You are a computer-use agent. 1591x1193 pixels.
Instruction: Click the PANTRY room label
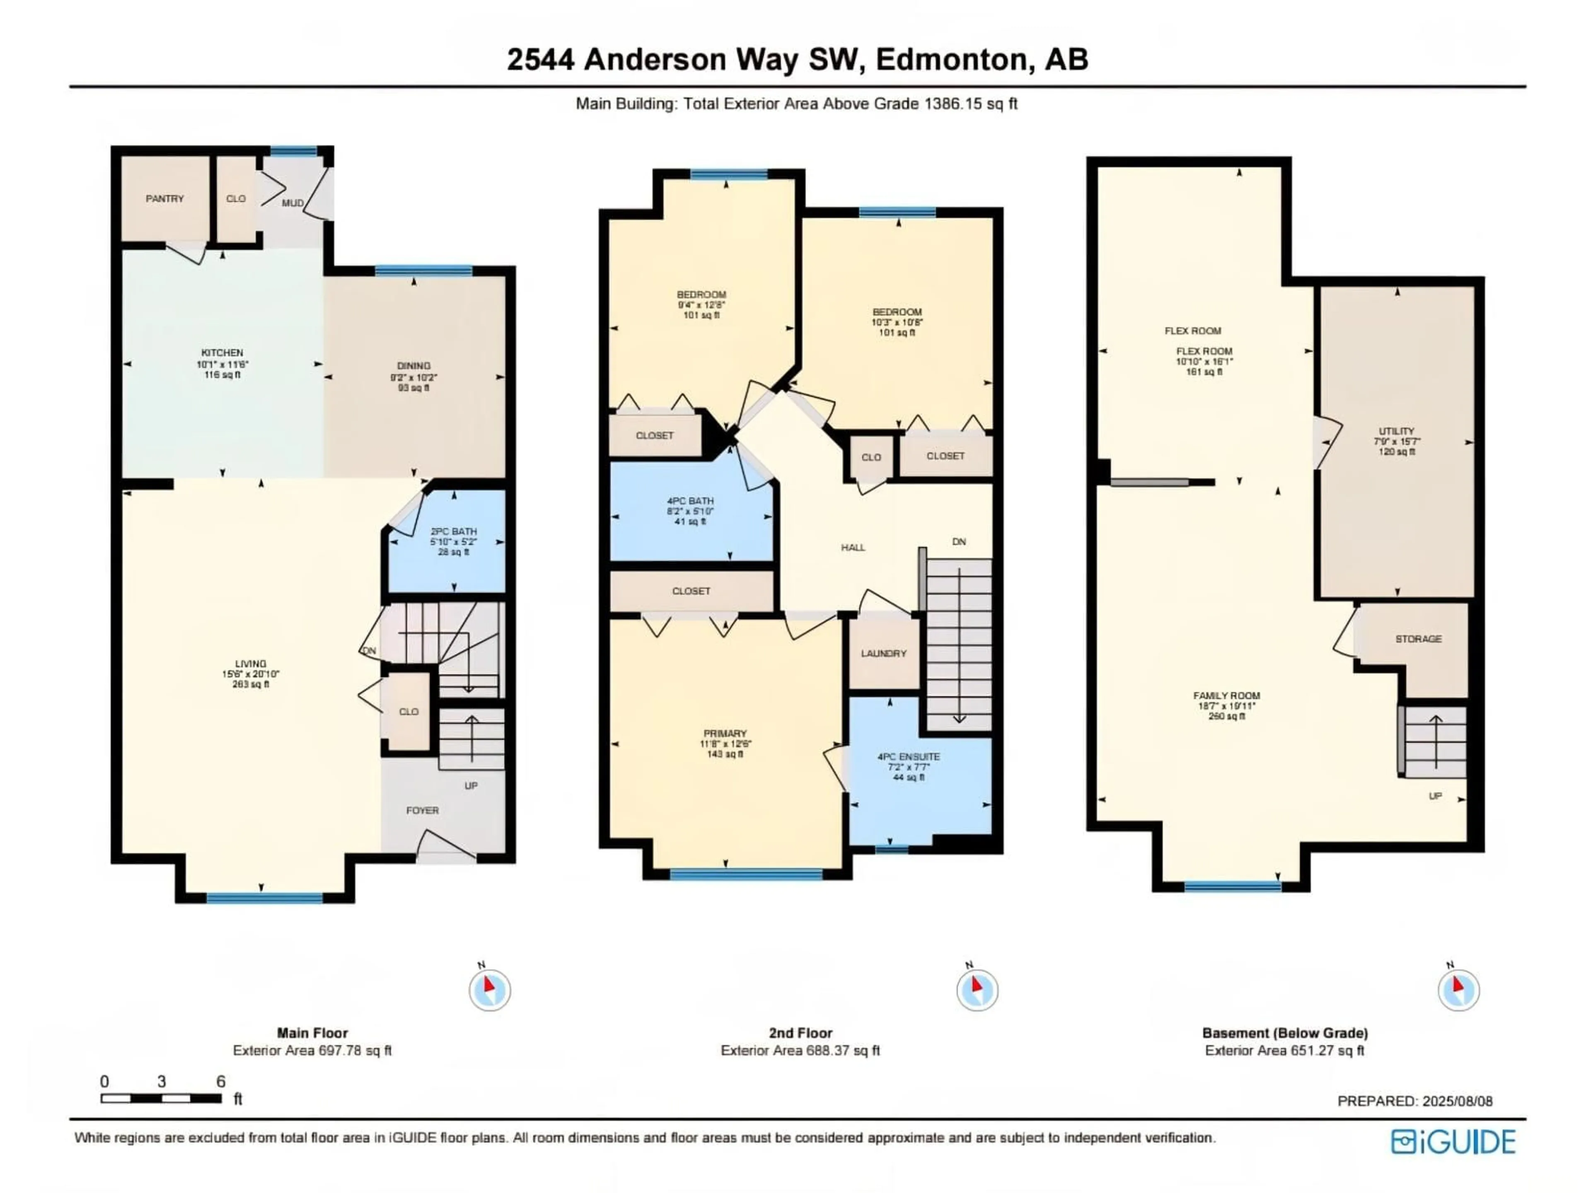(x=165, y=198)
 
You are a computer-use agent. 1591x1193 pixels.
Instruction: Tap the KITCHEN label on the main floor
(x=222, y=353)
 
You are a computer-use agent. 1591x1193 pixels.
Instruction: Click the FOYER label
(x=422, y=810)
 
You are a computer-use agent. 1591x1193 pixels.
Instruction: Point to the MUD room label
(x=292, y=203)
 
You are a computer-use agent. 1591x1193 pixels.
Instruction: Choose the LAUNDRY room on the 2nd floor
(x=883, y=653)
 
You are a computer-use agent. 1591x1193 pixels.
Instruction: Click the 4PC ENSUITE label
(x=909, y=756)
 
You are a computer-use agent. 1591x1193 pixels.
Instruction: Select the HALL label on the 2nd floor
(x=853, y=547)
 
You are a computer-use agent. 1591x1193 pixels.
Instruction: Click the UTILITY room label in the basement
(x=1397, y=432)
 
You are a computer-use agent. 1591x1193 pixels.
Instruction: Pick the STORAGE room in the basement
(x=1418, y=639)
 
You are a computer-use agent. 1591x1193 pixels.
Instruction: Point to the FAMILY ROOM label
(x=1226, y=696)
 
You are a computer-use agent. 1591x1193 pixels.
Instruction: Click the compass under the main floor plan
(x=490, y=990)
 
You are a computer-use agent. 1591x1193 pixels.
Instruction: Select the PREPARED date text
(x=1415, y=1101)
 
